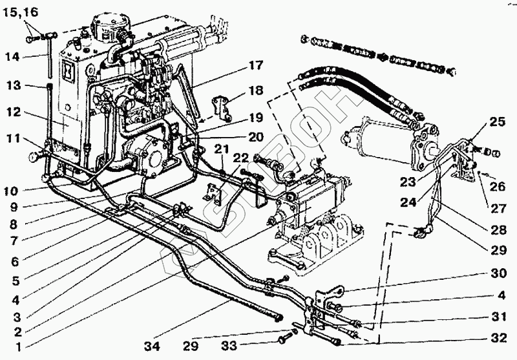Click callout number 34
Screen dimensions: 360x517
point(151,346)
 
